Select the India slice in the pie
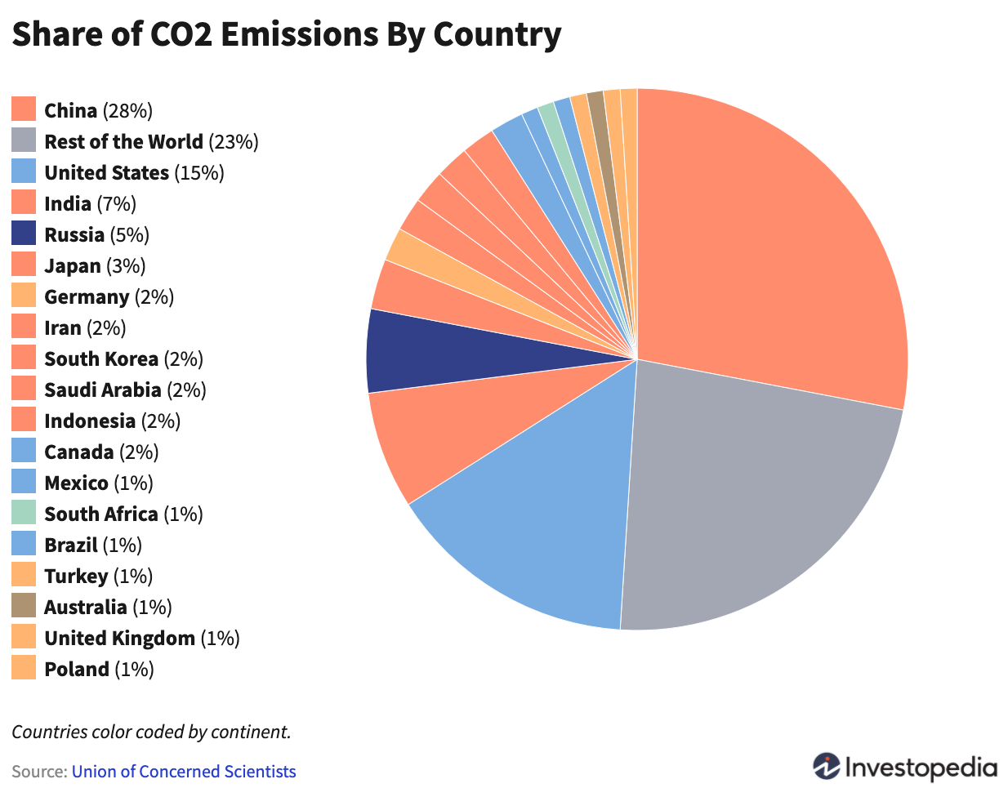[441, 433]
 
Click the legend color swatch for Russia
[24, 234]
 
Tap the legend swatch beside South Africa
[24, 513]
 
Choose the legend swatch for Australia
[24, 606]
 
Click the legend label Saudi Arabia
[102, 390]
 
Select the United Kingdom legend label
[119, 638]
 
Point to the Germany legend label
[87, 296]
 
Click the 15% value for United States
[199, 172]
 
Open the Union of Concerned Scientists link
[184, 772]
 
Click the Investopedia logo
[905, 768]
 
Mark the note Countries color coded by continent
[151, 732]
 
